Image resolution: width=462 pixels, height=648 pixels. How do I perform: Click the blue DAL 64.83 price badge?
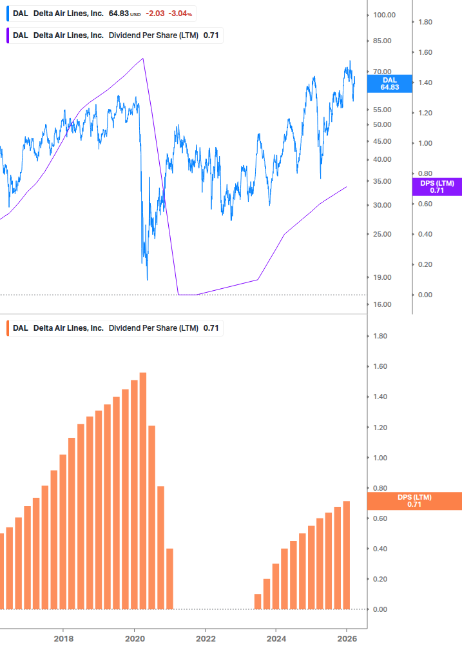389,83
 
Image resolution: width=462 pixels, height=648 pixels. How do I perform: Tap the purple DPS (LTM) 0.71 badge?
436,187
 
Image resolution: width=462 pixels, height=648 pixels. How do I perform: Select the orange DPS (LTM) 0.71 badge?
414,500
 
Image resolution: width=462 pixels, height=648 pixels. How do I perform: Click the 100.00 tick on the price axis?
385,15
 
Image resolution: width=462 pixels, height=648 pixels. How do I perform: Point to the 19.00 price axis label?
382,277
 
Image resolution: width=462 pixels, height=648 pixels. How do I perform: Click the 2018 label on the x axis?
63,638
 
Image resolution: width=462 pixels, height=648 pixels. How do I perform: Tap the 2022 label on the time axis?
205,638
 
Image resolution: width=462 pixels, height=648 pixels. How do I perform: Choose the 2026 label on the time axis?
347,638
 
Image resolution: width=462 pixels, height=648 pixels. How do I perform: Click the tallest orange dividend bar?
143,490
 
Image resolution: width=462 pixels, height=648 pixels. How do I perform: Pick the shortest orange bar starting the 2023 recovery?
258,602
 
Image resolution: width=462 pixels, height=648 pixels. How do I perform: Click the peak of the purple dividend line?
143,59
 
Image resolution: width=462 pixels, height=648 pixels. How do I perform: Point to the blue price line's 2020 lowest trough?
148,279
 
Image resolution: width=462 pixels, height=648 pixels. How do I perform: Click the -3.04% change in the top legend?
180,14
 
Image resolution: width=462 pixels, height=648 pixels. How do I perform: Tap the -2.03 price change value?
155,14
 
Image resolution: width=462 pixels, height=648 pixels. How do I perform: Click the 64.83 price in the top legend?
119,14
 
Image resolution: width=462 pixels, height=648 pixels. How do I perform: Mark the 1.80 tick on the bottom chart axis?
380,337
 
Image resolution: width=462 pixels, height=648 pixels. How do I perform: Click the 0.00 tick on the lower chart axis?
380,609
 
